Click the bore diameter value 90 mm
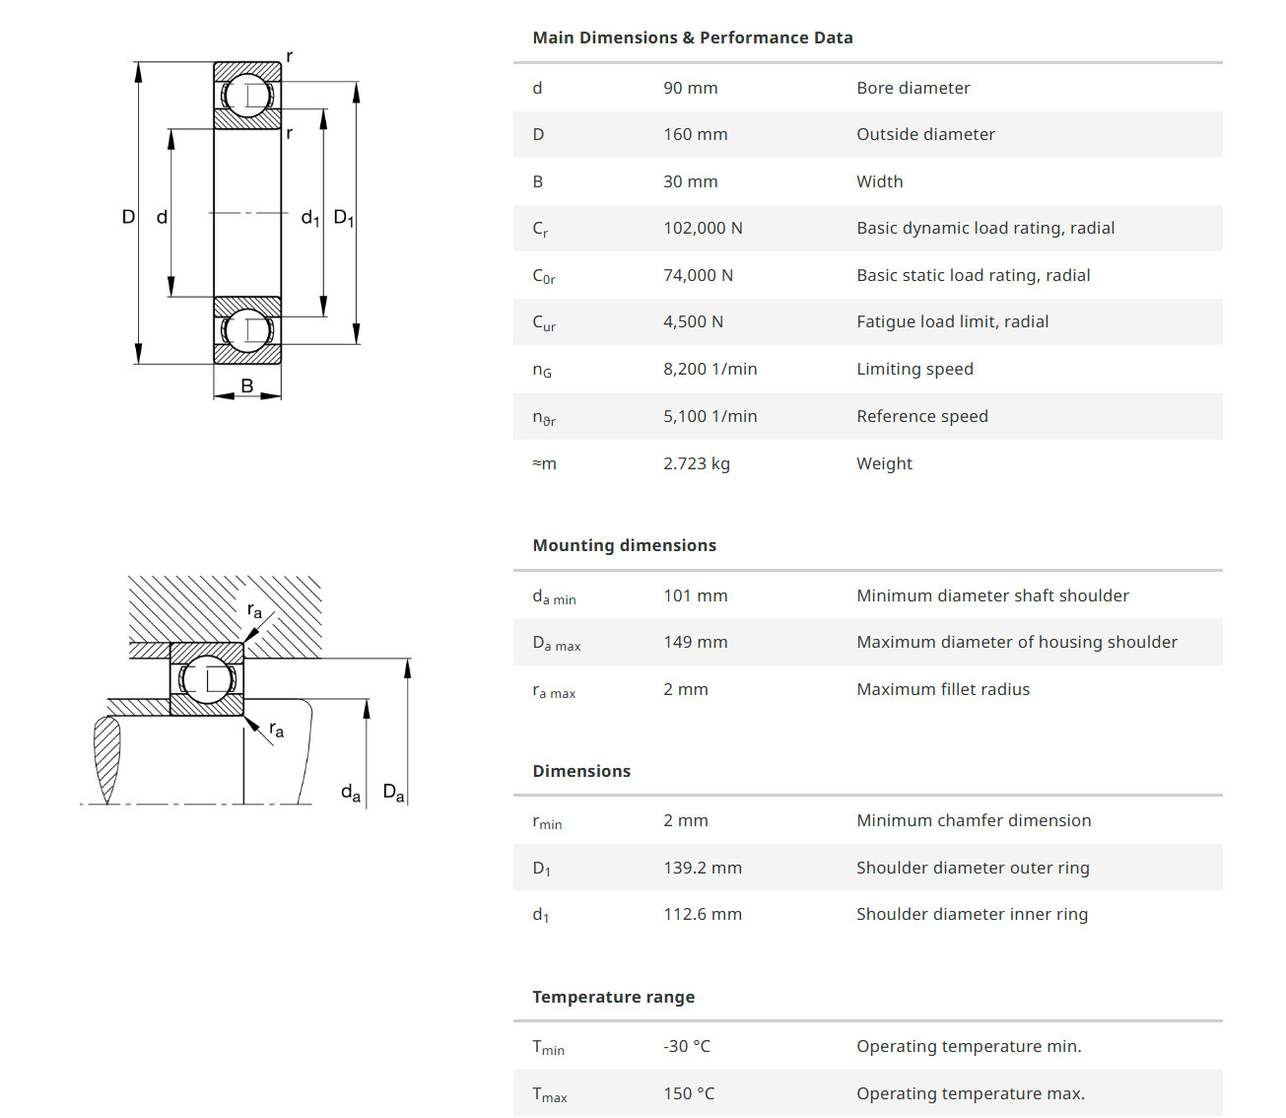tap(690, 88)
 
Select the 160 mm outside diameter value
tap(695, 134)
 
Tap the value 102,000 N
tap(703, 228)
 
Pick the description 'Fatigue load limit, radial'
tap(952, 321)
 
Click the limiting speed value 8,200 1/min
tap(710, 369)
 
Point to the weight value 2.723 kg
tap(696, 463)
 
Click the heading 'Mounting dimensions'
tap(624, 545)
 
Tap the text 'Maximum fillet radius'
tap(942, 689)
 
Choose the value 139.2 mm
tap(702, 868)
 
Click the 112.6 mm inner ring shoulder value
tap(702, 914)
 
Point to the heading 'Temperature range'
tap(613, 997)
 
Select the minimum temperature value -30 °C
tap(686, 1046)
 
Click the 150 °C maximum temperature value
tap(689, 1093)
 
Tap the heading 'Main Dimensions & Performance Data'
tap(692, 37)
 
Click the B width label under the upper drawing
tap(246, 385)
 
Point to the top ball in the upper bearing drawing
tap(247, 96)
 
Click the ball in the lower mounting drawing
tap(207, 679)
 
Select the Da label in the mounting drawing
tap(393, 792)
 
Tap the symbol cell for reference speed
tap(544, 417)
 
